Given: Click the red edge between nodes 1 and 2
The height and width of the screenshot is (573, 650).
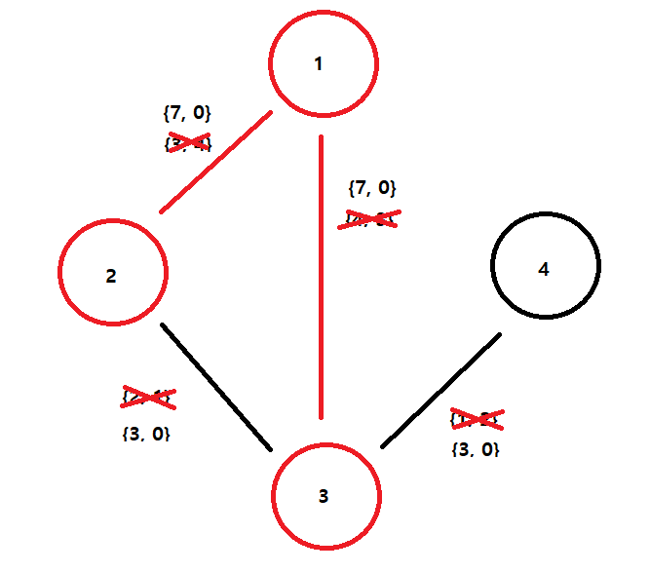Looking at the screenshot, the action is (x=215, y=162).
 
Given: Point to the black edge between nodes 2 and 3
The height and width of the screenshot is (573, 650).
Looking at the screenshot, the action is (x=216, y=387).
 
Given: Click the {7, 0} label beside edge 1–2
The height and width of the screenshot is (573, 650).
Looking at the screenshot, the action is (x=186, y=114).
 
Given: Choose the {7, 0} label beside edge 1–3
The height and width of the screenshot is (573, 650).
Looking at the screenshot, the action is (x=371, y=188).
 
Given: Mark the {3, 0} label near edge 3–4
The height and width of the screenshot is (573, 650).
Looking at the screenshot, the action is (x=476, y=449).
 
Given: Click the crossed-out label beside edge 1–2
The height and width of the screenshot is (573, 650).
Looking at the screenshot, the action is (x=188, y=142).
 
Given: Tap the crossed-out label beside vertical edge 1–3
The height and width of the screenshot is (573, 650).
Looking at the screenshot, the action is (x=370, y=218).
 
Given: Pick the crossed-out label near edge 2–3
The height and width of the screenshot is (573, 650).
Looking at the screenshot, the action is (x=147, y=398).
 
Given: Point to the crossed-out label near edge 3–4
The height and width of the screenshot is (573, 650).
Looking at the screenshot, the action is (x=476, y=419).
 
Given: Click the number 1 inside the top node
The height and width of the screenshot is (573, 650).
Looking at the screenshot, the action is (x=318, y=64).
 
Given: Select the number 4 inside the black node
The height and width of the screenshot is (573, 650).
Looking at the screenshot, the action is (x=544, y=269).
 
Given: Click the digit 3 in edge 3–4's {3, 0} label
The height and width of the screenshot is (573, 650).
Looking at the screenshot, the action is (x=466, y=449).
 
